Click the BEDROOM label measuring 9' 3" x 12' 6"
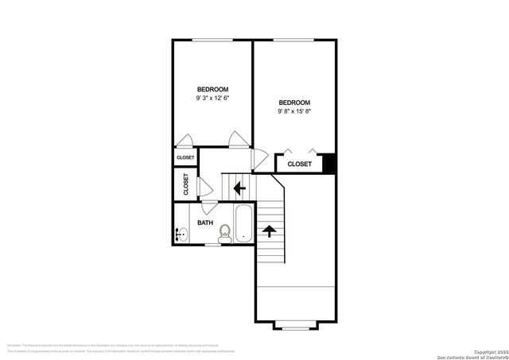213,89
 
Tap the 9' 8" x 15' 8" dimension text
293,112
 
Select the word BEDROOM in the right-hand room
293,103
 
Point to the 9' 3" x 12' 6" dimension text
213,99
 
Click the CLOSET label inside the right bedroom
299,164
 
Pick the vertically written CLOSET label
186,185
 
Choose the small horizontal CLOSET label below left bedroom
185,157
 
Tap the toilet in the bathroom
224,232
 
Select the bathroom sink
181,234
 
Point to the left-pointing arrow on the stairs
239,189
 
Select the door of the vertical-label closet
204,186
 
